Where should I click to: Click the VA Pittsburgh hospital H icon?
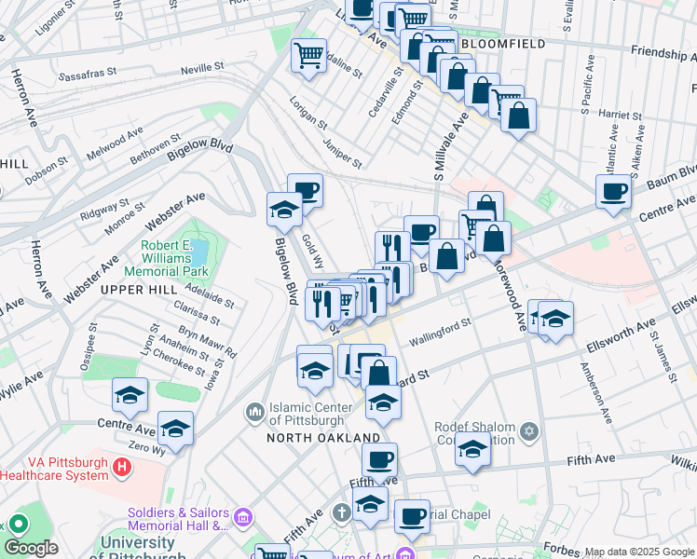(121, 464)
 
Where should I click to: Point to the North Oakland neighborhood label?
(323, 437)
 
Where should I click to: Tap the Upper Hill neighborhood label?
(139, 290)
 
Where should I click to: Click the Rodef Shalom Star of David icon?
(530, 431)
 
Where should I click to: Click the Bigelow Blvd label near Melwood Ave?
(199, 151)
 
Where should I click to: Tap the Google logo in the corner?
(31, 549)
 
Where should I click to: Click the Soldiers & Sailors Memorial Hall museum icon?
(243, 516)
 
